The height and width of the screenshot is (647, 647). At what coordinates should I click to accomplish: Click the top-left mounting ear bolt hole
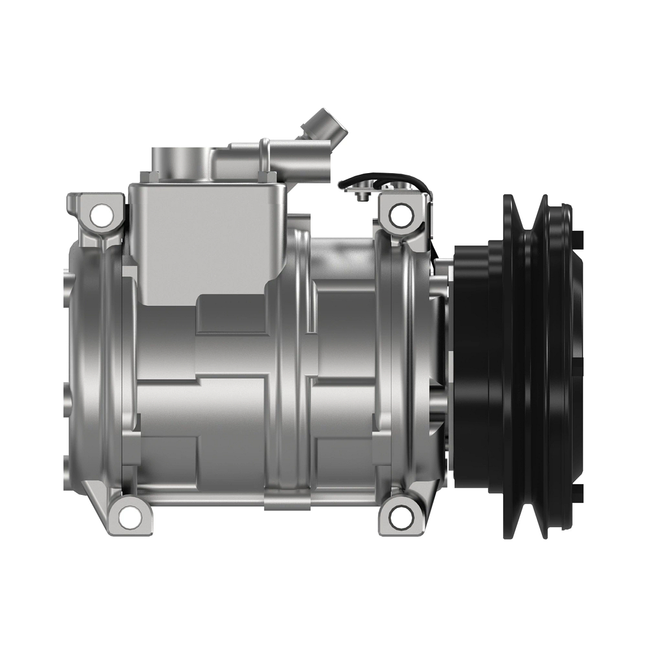[100, 216]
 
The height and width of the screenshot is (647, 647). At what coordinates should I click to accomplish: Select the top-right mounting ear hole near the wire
[397, 215]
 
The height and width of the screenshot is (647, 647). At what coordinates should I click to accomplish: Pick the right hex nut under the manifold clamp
[268, 176]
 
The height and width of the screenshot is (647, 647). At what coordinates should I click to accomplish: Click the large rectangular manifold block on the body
[208, 237]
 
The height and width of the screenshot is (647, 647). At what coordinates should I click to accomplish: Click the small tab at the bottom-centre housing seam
[288, 507]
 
